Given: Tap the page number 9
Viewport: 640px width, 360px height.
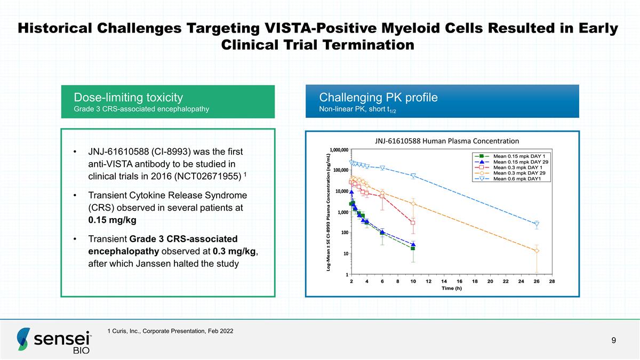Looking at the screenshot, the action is click(x=613, y=340).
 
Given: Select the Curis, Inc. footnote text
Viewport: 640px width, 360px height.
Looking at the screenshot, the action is click(x=170, y=331).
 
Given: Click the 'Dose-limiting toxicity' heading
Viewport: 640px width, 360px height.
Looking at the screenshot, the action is click(x=129, y=98).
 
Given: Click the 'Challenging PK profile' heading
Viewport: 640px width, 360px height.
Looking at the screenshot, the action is click(x=378, y=98).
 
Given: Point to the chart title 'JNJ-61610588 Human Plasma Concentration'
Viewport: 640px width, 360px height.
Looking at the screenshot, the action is click(x=447, y=141).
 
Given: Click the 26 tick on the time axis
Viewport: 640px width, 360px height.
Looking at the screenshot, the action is click(x=537, y=282).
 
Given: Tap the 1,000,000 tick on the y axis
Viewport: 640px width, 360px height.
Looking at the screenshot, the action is click(x=339, y=150).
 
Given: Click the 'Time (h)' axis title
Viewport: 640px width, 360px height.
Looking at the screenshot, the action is click(x=451, y=289).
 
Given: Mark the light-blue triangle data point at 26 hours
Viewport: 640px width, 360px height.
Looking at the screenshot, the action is click(x=537, y=225).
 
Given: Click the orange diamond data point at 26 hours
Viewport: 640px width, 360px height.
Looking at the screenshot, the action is click(x=537, y=251).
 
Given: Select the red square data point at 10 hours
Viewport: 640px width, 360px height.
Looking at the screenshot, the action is click(x=413, y=223).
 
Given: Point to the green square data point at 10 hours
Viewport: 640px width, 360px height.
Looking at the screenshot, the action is click(x=413, y=249).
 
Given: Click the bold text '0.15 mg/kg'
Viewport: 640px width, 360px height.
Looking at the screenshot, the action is click(x=113, y=220).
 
